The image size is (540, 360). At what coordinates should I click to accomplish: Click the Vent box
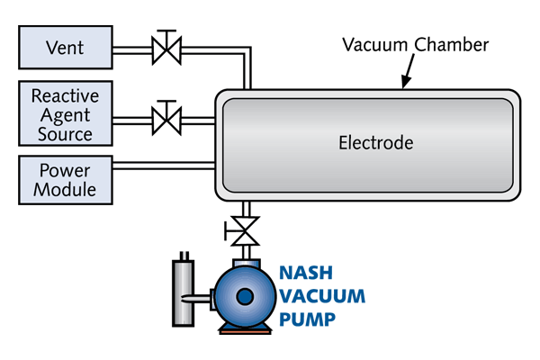(x=65, y=47)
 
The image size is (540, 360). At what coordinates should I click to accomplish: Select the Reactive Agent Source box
(x=65, y=114)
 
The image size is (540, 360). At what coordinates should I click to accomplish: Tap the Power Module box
(x=65, y=180)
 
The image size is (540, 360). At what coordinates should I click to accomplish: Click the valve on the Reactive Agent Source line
(x=164, y=116)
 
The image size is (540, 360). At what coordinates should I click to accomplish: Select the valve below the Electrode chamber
(x=242, y=229)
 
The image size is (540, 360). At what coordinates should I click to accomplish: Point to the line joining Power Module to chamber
(x=162, y=166)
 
